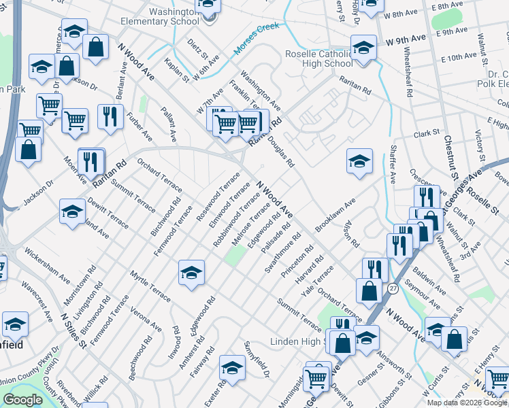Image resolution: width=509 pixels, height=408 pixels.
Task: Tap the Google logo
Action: [x=22, y=400]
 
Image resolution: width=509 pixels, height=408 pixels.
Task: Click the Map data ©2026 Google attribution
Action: [x=467, y=403]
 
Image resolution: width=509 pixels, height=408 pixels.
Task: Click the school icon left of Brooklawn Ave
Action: [x=359, y=161]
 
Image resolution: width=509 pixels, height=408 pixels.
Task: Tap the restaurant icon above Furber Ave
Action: [x=108, y=116]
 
